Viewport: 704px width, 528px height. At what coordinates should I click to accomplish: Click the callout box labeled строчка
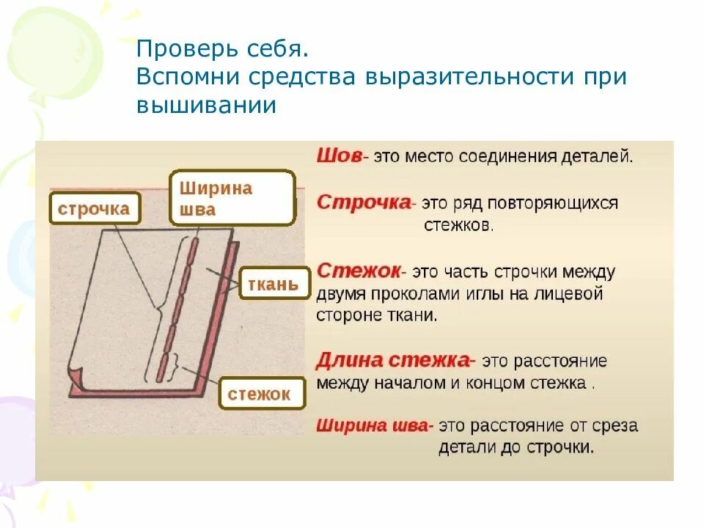[93, 209]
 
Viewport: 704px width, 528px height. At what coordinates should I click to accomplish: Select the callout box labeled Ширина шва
[232, 198]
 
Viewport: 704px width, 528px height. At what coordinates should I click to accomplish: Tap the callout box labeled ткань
[272, 283]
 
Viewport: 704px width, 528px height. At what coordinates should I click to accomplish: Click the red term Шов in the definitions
[339, 156]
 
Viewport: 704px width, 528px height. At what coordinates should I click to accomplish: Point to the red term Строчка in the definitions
[363, 202]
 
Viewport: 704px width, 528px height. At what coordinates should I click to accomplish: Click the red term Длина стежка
[392, 361]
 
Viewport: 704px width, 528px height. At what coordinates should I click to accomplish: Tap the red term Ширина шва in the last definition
[374, 425]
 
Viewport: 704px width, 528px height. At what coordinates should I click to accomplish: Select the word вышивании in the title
[206, 105]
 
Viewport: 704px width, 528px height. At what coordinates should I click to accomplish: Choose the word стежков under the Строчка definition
[458, 226]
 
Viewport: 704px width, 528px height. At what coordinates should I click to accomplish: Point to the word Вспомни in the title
[186, 77]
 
